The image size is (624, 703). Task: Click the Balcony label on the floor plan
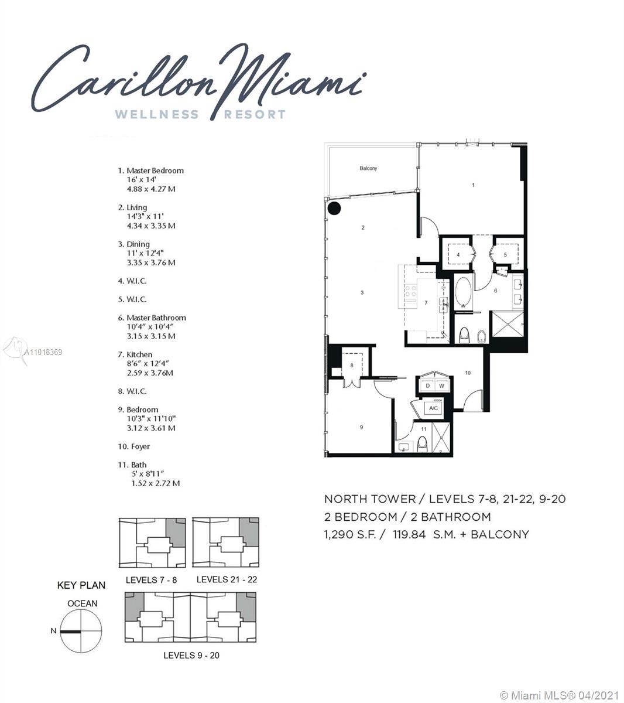368,168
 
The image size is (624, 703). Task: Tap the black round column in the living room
334,208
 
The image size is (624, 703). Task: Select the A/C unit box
433,408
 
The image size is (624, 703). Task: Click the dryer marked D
428,385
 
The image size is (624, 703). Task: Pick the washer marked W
441,385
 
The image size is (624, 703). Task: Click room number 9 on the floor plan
361,427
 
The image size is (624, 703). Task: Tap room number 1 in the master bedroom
473,185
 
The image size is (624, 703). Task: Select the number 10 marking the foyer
468,373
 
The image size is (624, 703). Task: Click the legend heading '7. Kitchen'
135,354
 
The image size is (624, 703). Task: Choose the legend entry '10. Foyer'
134,446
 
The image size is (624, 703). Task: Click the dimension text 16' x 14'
142,179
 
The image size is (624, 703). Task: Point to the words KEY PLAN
81,585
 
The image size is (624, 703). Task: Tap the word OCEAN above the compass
82,603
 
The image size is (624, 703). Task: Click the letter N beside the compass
53,630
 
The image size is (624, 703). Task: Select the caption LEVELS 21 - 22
227,579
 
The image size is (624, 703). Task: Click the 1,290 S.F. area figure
350,534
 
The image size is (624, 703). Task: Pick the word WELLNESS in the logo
157,114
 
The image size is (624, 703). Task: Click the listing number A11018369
43,352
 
